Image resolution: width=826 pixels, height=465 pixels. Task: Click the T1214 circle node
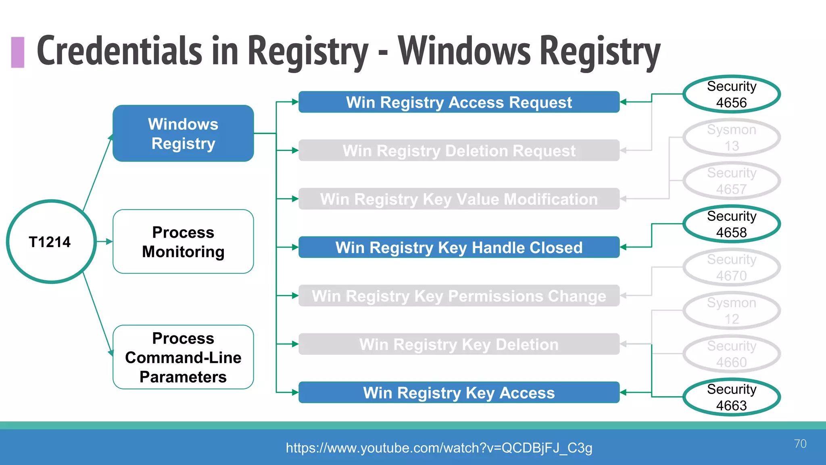[51, 241]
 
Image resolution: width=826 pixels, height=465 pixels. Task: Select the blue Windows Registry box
[183, 134]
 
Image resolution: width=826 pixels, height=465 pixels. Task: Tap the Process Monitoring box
[183, 241]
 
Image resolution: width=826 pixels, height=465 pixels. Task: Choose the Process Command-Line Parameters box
[183, 357]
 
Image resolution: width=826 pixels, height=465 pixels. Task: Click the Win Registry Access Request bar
[459, 102]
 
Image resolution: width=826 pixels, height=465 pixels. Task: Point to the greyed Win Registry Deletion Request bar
[459, 151]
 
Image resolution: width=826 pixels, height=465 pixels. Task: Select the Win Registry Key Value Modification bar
[459, 199]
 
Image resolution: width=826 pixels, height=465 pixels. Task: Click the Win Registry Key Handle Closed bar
[459, 247]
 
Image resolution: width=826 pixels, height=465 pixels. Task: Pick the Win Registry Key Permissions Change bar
[459, 296]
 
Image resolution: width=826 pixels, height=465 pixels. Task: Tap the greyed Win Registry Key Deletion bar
[459, 344]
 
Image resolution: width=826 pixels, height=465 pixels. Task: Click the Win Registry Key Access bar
[459, 393]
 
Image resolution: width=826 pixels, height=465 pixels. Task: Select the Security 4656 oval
[732, 94]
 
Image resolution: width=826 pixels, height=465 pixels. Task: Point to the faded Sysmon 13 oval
[732, 138]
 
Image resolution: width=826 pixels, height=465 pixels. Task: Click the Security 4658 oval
[732, 224]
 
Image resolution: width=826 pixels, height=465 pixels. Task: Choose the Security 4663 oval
[732, 397]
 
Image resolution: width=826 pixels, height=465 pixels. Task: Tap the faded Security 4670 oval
[732, 267]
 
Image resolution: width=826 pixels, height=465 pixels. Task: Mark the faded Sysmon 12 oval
[732, 311]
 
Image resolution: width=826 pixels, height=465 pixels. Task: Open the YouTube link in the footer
[439, 448]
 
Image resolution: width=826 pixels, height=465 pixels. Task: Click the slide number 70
[800, 444]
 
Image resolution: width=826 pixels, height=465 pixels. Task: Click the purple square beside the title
[18, 52]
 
